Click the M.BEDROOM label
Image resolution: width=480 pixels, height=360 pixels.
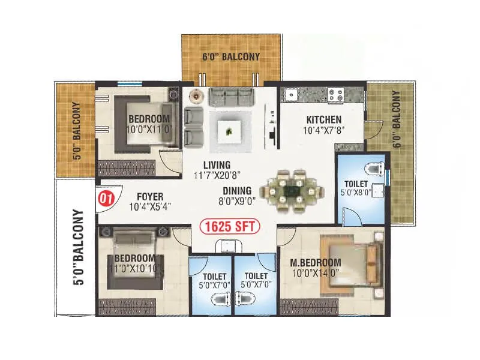click(x=316, y=263)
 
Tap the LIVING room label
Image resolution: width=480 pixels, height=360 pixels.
click(x=216, y=165)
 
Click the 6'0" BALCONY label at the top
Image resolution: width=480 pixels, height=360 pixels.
click(x=231, y=57)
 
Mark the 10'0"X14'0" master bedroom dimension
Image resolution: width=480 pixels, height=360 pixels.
click(x=316, y=274)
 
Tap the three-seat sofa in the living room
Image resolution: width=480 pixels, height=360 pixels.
click(x=232, y=97)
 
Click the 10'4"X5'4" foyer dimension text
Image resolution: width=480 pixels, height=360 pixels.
click(x=151, y=207)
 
